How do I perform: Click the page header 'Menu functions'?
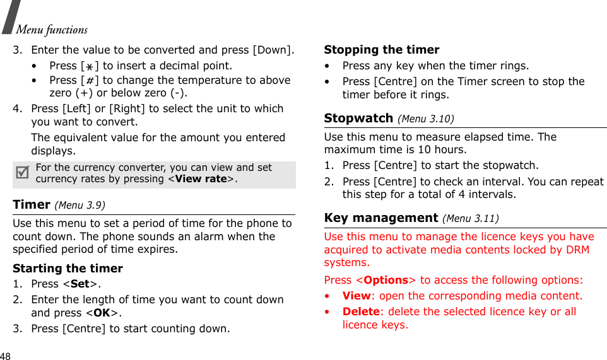click(52, 30)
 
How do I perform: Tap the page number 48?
click(6, 356)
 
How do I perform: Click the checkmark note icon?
click(22, 172)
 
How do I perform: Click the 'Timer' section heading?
click(32, 204)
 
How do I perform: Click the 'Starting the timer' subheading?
click(68, 268)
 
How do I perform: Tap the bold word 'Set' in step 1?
click(80, 284)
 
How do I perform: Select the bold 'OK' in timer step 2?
click(102, 313)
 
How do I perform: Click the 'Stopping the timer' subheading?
click(381, 50)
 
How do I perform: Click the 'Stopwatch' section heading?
click(358, 118)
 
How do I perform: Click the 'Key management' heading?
click(380, 218)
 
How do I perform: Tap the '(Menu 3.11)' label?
click(471, 219)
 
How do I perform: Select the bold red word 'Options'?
click(386, 280)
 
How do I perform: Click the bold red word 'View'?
click(356, 296)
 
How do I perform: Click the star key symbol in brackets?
click(90, 66)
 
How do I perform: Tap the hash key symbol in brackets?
click(90, 81)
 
